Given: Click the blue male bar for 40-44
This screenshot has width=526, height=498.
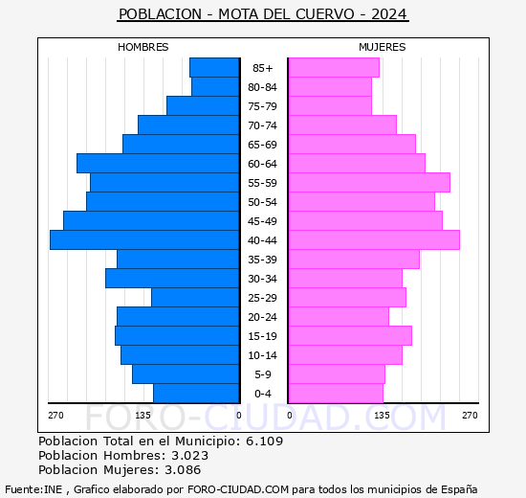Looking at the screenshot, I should click(x=144, y=240).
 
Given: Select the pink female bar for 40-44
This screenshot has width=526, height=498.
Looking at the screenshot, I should click(x=373, y=240).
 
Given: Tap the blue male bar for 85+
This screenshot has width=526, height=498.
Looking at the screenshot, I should click(x=214, y=68).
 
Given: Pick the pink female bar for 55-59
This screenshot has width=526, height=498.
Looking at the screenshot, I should click(x=368, y=183).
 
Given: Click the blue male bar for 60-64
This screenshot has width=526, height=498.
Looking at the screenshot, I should click(x=158, y=164).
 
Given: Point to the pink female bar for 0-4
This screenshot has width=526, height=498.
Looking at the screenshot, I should click(x=335, y=394).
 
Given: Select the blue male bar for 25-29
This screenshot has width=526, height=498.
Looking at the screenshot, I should click(x=195, y=298).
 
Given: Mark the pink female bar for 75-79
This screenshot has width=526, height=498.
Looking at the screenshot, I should click(x=329, y=106).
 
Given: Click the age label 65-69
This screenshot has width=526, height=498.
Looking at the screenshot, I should click(x=263, y=145).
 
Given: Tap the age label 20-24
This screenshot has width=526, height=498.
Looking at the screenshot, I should click(x=263, y=317).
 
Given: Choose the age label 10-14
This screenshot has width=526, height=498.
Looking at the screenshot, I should click(x=263, y=355).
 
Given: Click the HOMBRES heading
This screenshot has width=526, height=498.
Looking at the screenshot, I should click(x=143, y=47).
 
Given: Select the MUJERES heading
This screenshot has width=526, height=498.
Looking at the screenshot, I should click(x=383, y=47).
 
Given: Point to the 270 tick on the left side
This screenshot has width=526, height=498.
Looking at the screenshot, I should click(x=55, y=415).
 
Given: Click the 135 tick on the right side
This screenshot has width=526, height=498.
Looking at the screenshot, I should click(x=382, y=415).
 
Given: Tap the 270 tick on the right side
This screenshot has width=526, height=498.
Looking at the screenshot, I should click(x=470, y=415).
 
